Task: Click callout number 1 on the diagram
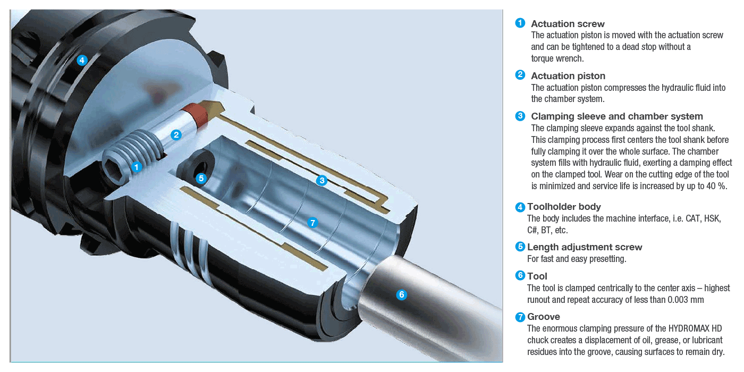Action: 137,167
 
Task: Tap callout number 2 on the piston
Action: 176,135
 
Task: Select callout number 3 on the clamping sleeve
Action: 322,180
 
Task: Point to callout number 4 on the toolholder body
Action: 82,61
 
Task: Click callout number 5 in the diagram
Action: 201,179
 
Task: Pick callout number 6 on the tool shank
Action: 402,294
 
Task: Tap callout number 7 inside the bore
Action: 312,222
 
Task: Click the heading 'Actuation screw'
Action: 568,24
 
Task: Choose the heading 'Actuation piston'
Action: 568,76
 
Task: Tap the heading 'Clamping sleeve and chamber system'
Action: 617,116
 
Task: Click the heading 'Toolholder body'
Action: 564,207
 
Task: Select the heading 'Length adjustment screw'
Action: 585,247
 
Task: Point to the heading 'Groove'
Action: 543,317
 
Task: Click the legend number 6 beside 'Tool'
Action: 520,275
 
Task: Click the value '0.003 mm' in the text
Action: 686,300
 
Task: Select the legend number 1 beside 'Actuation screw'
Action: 520,23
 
